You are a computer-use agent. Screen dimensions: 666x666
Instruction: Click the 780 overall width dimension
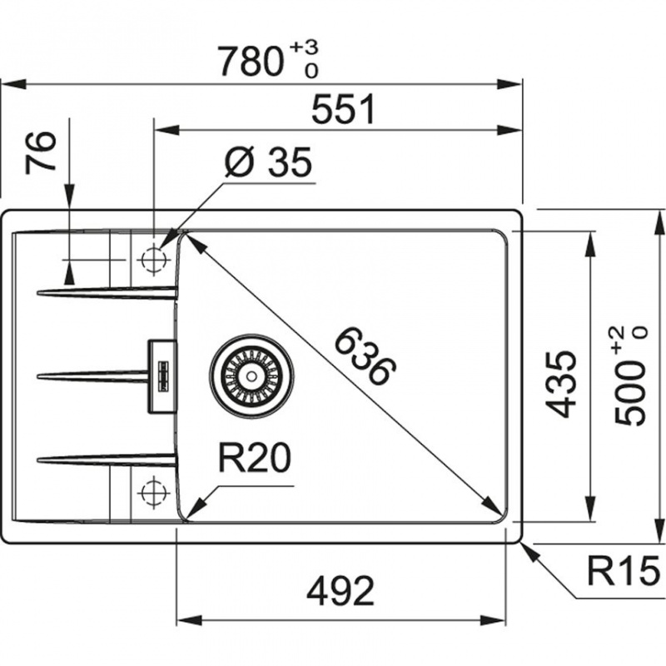coord(251,62)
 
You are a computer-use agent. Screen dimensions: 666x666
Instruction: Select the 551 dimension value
coord(344,109)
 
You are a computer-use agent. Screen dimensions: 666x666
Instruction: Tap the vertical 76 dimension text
coord(41,152)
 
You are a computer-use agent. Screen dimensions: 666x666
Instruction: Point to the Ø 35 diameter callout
coord(268,162)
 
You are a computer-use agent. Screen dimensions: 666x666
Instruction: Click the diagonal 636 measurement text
coord(365,356)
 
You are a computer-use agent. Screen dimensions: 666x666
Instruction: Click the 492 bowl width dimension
coord(340,591)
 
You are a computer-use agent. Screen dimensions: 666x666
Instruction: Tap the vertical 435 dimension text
coord(561,384)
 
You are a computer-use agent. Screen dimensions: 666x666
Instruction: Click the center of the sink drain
coord(251,376)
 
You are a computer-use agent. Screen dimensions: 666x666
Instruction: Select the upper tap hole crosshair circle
coord(153,259)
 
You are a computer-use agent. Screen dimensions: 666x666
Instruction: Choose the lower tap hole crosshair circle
coord(153,492)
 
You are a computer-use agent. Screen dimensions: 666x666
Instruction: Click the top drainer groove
coord(107,293)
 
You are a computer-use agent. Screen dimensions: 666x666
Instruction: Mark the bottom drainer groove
coord(107,460)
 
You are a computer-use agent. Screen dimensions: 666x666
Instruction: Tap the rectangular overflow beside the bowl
coord(162,376)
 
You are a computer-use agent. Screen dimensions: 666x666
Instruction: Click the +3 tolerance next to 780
coord(304,47)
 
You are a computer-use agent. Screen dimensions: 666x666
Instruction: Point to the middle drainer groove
coord(92,376)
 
